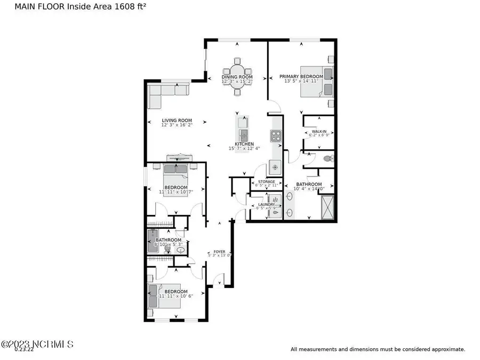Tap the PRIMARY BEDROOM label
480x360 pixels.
(x=302, y=77)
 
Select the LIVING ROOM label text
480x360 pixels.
(x=177, y=121)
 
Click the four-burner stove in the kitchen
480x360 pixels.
(x=276, y=136)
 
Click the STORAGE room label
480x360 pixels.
(x=266, y=182)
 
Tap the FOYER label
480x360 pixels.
(x=219, y=251)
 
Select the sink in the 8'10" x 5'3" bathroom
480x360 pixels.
(x=180, y=250)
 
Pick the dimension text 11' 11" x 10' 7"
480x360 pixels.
(x=175, y=192)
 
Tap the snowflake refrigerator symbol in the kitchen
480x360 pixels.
(x=275, y=167)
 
